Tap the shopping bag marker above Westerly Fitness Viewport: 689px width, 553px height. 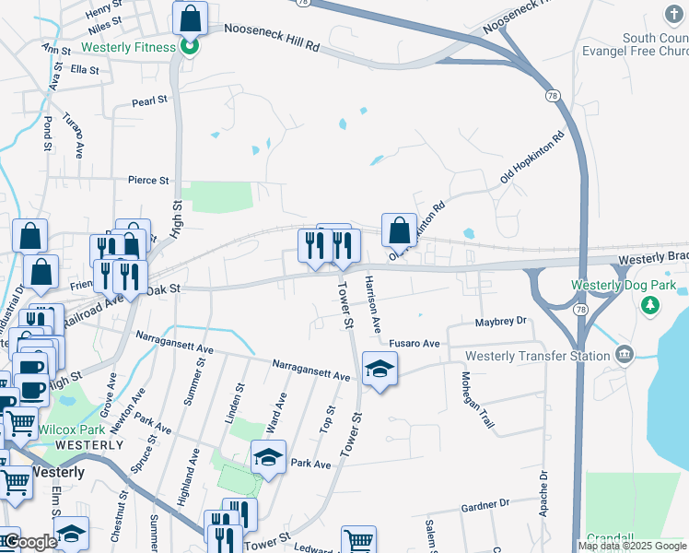tap(190, 18)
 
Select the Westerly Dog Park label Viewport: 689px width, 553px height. tap(624, 286)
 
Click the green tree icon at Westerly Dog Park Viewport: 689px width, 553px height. tap(652, 304)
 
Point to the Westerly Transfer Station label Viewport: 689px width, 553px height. tap(538, 356)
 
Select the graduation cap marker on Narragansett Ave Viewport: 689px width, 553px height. tap(380, 370)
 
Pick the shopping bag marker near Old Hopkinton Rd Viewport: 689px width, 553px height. tap(400, 230)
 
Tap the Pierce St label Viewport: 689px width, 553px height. tap(149, 181)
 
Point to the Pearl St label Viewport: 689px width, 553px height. tap(149, 100)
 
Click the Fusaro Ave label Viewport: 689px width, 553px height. tap(415, 343)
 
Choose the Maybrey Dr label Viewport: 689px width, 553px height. tap(499, 321)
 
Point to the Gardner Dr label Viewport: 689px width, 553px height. tap(485, 504)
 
